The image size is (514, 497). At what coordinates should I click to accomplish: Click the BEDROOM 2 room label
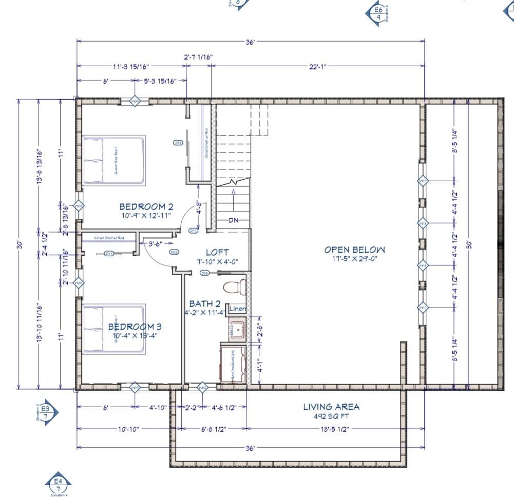pyautogui.click(x=146, y=206)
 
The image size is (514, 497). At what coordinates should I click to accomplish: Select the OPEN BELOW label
pyautogui.click(x=354, y=250)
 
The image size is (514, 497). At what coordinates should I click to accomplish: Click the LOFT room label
pyautogui.click(x=217, y=253)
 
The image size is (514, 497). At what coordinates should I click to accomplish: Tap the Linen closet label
pyautogui.click(x=237, y=309)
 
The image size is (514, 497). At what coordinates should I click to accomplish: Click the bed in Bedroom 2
pyautogui.click(x=114, y=160)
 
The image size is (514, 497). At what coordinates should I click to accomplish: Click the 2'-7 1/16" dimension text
pyautogui.click(x=198, y=58)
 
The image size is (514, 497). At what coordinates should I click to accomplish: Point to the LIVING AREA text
pyautogui.click(x=331, y=407)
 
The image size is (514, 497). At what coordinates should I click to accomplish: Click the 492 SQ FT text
pyautogui.click(x=331, y=416)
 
